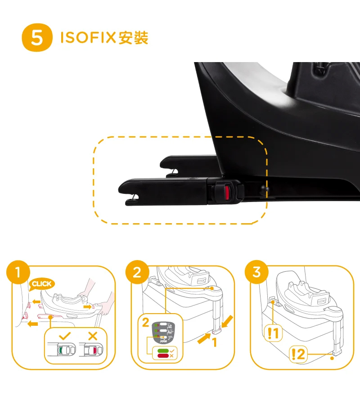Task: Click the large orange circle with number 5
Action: (x=37, y=37)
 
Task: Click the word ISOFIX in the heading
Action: (x=88, y=37)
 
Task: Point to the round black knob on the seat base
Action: (x=264, y=189)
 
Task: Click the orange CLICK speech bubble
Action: (x=41, y=284)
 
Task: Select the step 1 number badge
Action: (x=18, y=272)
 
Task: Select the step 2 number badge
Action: (x=137, y=272)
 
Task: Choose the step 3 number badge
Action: (x=256, y=272)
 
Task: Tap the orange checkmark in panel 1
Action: (x=65, y=336)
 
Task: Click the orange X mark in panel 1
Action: (x=93, y=336)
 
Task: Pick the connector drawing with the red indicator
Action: (x=91, y=350)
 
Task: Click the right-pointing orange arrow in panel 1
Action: (x=87, y=306)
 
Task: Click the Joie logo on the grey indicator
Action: (x=163, y=341)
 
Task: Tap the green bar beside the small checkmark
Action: (x=163, y=351)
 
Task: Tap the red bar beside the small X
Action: (x=163, y=355)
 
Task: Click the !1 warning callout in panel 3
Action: (x=273, y=333)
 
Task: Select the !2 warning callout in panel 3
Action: (x=298, y=354)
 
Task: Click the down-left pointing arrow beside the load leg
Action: (x=227, y=321)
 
